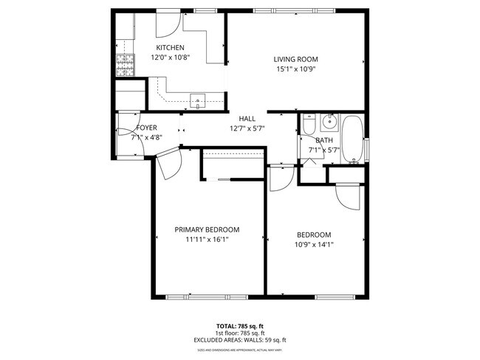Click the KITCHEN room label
pos(169,48)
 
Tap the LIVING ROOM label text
pos(295,60)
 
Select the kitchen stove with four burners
pos(124,65)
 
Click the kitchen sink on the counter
pos(197,101)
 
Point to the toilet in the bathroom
pos(309,125)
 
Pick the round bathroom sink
pos(329,122)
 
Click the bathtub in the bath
pos(354,139)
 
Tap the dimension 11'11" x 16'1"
pos(207,239)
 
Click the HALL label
pos(247,118)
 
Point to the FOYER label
pos(146,128)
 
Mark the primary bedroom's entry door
pos(168,162)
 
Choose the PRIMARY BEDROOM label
pos(207,229)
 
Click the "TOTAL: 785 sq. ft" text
pos(241,325)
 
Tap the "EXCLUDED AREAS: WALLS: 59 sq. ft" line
pos(241,340)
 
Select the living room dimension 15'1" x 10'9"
pos(295,69)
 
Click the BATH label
pos(324,140)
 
